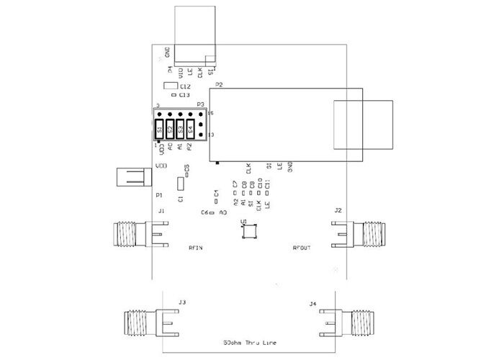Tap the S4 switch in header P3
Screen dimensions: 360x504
(x=190, y=130)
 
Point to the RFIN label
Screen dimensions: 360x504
(x=195, y=248)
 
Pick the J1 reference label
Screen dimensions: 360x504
(x=161, y=210)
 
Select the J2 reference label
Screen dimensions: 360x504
(x=338, y=210)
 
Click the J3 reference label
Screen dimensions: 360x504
(x=182, y=302)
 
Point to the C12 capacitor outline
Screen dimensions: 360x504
(x=170, y=86)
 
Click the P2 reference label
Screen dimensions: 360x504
(x=218, y=85)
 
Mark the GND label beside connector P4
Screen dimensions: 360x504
(x=168, y=52)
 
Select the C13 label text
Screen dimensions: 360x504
(x=184, y=95)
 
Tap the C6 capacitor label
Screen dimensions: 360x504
(x=204, y=213)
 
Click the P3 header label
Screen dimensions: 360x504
(x=201, y=104)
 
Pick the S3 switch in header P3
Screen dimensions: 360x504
(x=180, y=130)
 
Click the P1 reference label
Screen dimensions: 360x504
(x=158, y=195)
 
